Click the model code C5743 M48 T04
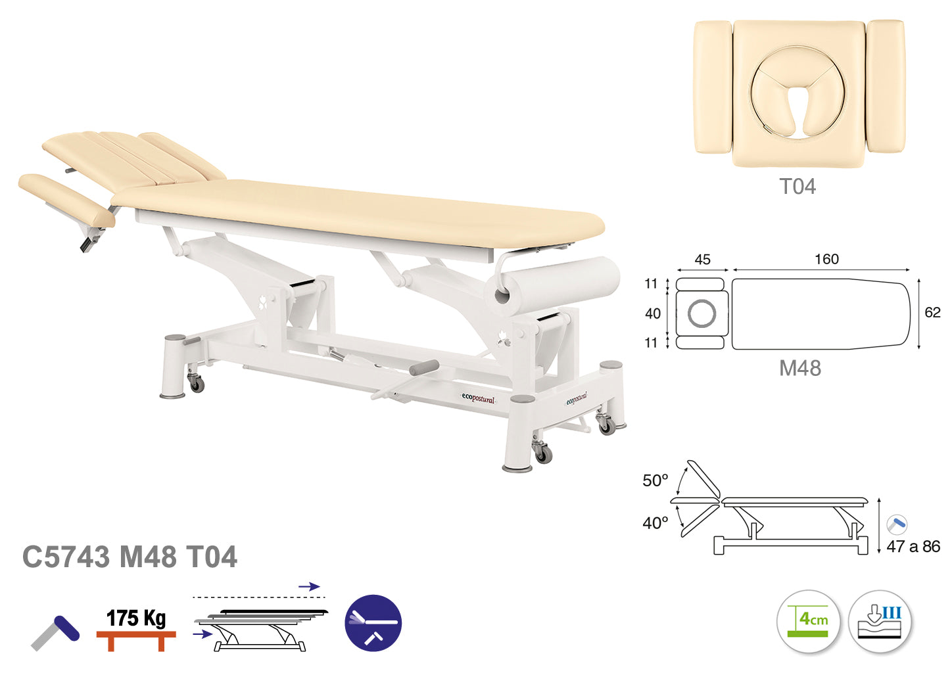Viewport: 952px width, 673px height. pyautogui.click(x=130, y=557)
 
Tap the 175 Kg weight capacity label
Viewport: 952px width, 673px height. pyautogui.click(x=136, y=618)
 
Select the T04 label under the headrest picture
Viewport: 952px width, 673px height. pyautogui.click(x=797, y=187)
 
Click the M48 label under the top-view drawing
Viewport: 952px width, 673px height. pyautogui.click(x=800, y=368)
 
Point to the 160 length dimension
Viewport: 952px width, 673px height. pyautogui.click(x=826, y=259)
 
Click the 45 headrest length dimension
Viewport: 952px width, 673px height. pyautogui.click(x=702, y=259)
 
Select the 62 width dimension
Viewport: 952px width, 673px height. pyautogui.click(x=932, y=312)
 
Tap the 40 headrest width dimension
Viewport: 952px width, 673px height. pyautogui.click(x=653, y=313)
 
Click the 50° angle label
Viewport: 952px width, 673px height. pyautogui.click(x=655, y=480)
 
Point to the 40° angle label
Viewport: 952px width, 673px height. pyautogui.click(x=655, y=523)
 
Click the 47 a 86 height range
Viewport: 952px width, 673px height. pyautogui.click(x=913, y=546)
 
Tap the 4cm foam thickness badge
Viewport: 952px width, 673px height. pyautogui.click(x=808, y=621)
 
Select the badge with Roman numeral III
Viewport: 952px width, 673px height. pyautogui.click(x=880, y=621)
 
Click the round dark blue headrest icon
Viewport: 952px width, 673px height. pyautogui.click(x=373, y=623)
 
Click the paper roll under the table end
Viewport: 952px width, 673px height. pyautogui.click(x=552, y=285)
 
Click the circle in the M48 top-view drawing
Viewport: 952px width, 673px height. pyautogui.click(x=702, y=313)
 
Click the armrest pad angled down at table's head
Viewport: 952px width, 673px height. pyautogui.click(x=66, y=200)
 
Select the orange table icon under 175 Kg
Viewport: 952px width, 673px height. pyautogui.click(x=136, y=641)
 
